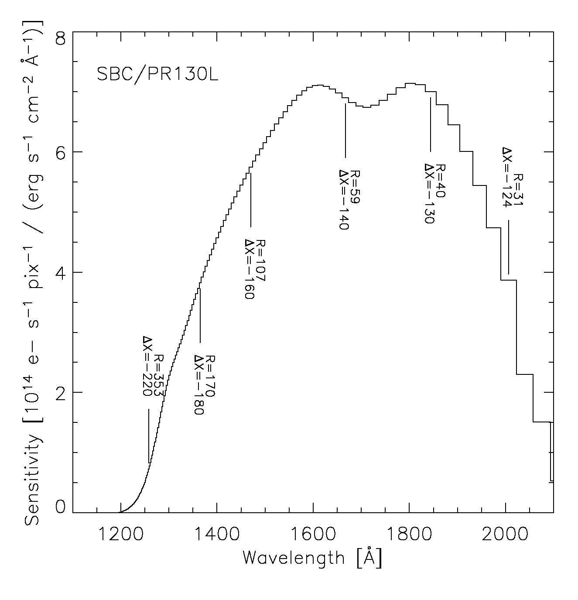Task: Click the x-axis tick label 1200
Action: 120,535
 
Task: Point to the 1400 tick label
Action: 216,535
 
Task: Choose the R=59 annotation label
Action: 355,187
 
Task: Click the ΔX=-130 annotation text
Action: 429,193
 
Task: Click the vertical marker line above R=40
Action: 431,124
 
